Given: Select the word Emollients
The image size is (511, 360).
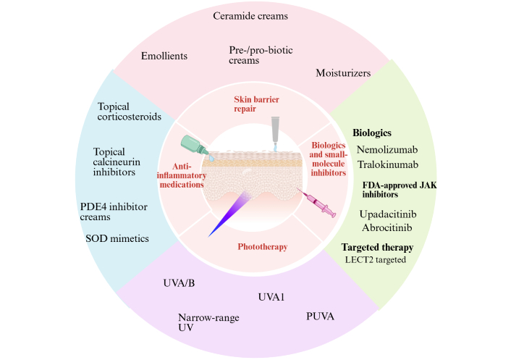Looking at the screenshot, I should tap(165, 55).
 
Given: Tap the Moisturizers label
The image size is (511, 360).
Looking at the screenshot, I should tap(343, 73).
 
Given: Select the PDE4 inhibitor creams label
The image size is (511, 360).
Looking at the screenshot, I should tap(114, 212).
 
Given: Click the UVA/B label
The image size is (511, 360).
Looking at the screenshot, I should tap(180, 283).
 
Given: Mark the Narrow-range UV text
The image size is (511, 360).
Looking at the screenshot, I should tap(208, 323).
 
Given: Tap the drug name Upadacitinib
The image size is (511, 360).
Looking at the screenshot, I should tap(392, 214).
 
